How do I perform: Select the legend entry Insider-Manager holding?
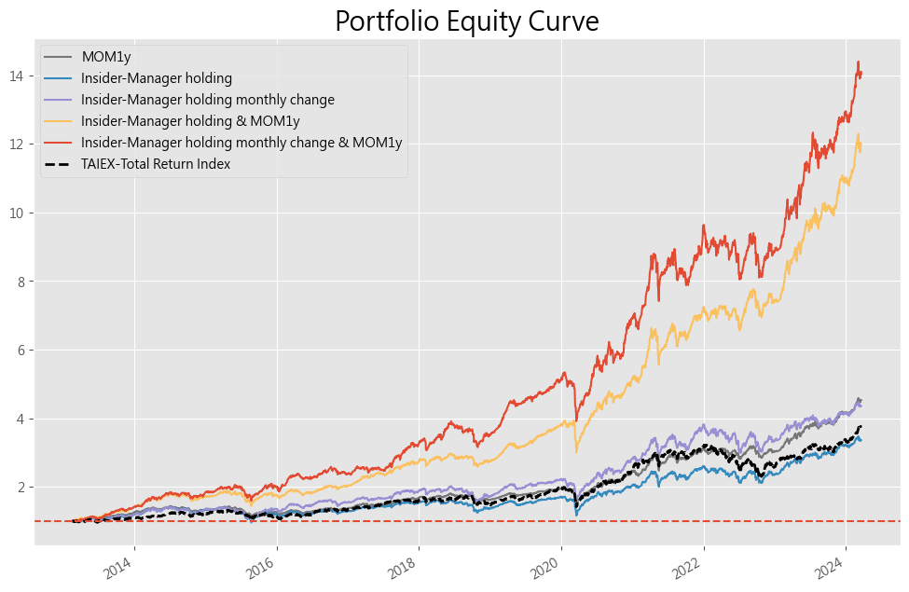click(x=157, y=78)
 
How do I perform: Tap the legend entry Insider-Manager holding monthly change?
click(x=207, y=100)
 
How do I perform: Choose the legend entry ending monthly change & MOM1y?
click(x=241, y=143)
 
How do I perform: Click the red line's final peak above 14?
click(x=858, y=62)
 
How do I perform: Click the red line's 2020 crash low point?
click(x=575, y=420)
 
